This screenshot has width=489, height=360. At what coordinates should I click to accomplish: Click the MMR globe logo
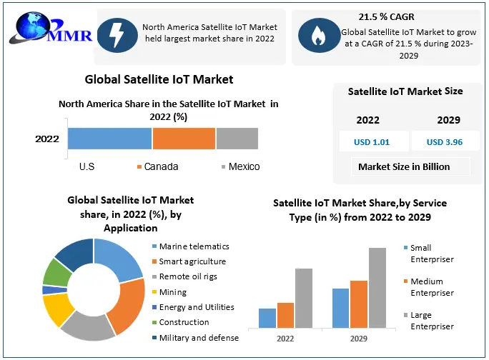[29, 27]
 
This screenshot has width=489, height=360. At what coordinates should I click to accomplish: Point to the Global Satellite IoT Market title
[159, 79]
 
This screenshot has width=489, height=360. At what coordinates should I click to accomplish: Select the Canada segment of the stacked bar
[184, 139]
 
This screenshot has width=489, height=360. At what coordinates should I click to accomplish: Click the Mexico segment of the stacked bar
[237, 139]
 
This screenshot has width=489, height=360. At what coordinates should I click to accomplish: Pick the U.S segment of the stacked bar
[110, 139]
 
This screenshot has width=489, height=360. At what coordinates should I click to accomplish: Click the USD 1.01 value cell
[372, 141]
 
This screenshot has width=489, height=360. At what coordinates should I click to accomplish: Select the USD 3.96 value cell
[445, 141]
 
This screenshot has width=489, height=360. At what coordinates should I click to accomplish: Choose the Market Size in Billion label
[404, 166]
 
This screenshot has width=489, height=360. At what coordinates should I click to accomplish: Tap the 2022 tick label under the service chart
[285, 337]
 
